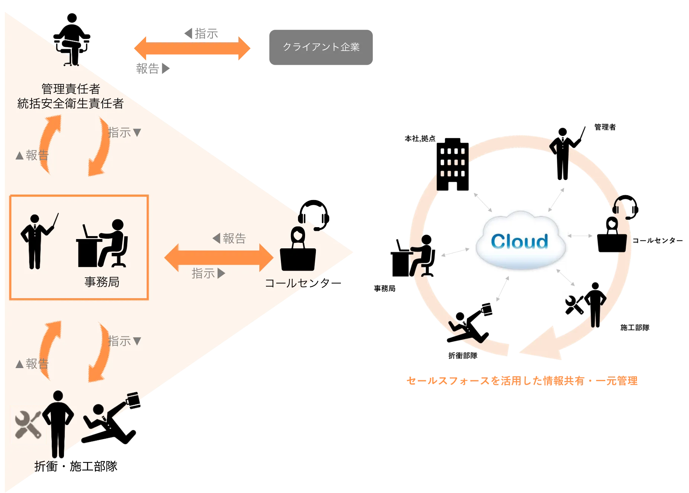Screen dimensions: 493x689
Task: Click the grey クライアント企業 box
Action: pos(321,47)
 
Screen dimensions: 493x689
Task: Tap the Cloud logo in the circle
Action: pos(520,241)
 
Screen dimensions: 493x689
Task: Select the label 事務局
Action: pos(102,282)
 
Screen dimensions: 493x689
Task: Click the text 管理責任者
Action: pos(71,89)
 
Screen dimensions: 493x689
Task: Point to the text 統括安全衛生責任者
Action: pos(70,103)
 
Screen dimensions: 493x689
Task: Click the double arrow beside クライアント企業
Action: pos(192,49)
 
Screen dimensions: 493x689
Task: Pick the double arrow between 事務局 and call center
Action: pos(219,257)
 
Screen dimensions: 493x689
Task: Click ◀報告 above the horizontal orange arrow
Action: pos(229,238)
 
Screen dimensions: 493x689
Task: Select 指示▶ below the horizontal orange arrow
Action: pos(208,274)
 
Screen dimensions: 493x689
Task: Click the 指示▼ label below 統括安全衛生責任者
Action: pos(125,132)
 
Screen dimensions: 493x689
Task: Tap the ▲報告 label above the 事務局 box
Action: pos(32,155)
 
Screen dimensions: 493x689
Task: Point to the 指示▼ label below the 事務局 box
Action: pos(125,341)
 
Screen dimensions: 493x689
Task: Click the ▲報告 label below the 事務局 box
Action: pos(32,364)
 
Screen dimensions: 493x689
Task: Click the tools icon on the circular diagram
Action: pos(574,306)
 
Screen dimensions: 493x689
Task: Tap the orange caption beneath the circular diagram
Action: pos(522,381)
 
